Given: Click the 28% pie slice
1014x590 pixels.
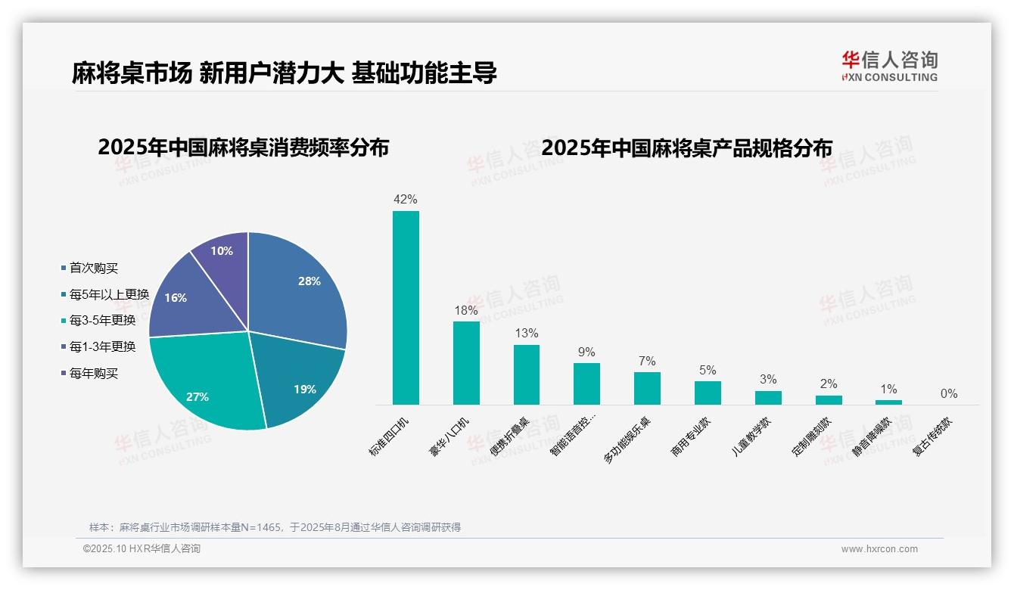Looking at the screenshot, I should (299, 287).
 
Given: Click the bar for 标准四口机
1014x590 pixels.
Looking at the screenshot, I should (406, 308).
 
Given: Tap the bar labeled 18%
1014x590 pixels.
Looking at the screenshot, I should (466, 363).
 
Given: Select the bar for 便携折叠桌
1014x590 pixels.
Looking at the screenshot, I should (527, 374).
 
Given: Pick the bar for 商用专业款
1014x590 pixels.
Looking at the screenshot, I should (708, 393).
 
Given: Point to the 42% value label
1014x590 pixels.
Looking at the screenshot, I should (406, 200).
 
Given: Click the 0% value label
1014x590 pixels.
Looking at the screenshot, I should (949, 394).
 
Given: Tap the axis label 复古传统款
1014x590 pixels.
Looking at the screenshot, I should (935, 434).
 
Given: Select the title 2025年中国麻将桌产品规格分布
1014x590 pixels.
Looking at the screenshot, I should (687, 148).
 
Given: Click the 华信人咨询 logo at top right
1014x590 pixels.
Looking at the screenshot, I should (890, 65).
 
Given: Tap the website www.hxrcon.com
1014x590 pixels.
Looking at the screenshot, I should (879, 549).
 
